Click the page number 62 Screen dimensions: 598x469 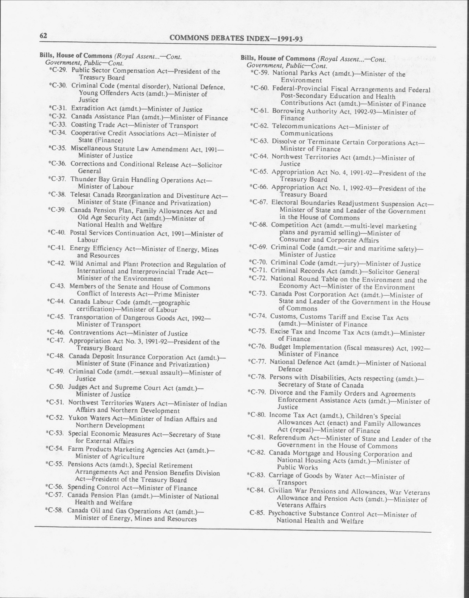coord(43,36)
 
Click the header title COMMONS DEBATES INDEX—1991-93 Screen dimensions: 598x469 coord(236,39)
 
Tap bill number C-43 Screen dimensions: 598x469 coord(58,286)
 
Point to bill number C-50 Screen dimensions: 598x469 coord(57,387)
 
